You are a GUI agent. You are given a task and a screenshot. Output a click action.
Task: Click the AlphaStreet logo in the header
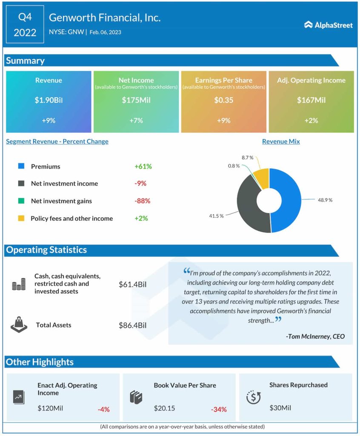point(329,25)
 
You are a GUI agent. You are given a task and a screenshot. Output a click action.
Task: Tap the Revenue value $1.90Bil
point(49,100)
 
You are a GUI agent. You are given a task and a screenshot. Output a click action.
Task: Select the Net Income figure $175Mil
point(136,100)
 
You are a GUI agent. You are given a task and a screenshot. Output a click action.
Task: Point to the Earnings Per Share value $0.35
point(223,100)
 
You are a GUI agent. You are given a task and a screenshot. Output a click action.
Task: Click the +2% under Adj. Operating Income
point(311,120)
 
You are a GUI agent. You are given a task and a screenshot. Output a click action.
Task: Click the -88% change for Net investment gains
point(142,201)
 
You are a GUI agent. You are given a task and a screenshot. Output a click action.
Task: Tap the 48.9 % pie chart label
point(326,199)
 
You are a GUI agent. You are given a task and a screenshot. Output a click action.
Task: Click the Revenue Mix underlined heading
point(281,141)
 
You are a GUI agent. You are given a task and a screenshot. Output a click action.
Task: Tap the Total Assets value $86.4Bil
point(133,325)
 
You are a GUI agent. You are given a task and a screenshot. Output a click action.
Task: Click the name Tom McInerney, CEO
point(315,336)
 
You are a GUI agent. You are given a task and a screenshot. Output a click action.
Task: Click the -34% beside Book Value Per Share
point(219,409)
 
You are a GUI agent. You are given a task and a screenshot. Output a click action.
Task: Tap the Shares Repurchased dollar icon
point(254,397)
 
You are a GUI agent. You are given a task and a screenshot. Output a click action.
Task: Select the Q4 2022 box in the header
point(25,25)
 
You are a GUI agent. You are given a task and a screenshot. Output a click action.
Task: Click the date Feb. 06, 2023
point(105,32)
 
